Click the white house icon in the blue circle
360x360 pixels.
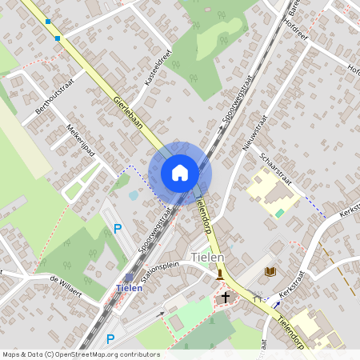pos(180,173)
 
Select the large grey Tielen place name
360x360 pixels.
pos(208,258)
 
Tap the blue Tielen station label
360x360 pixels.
pos(130,288)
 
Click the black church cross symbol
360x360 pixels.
pos(226,297)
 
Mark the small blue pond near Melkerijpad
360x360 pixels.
pos(133,194)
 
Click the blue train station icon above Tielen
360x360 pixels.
pos(129,277)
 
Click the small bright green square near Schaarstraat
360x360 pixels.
pos(279,213)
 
